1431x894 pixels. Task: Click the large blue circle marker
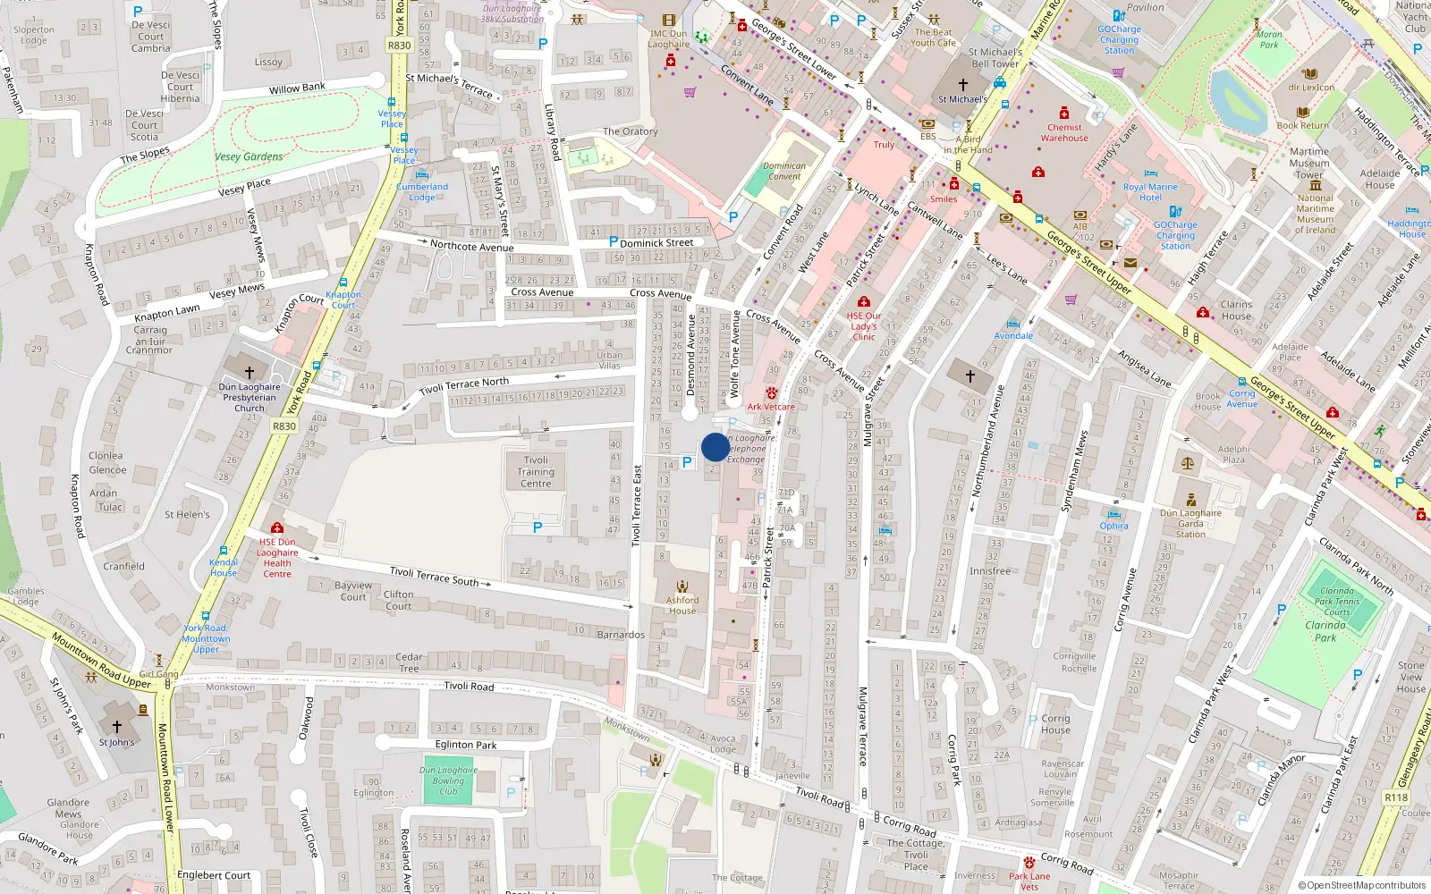715,447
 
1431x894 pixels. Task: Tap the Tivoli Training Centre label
536,472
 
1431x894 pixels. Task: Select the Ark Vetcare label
771,407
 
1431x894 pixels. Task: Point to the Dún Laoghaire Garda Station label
1190,524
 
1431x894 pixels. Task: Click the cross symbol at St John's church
116,727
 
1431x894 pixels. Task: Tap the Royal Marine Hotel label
1150,192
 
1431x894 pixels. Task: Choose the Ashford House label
682,605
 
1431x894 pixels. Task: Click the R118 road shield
1396,797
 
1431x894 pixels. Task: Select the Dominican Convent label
784,171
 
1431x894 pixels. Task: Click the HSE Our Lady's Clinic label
864,326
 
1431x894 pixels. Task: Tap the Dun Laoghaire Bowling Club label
448,780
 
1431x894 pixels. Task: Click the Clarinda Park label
1325,631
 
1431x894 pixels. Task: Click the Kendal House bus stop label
224,568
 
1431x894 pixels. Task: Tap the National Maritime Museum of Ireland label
1315,215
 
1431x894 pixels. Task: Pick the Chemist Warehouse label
1064,132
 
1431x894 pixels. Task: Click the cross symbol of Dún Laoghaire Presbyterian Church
250,372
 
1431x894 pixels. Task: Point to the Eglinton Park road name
466,745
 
